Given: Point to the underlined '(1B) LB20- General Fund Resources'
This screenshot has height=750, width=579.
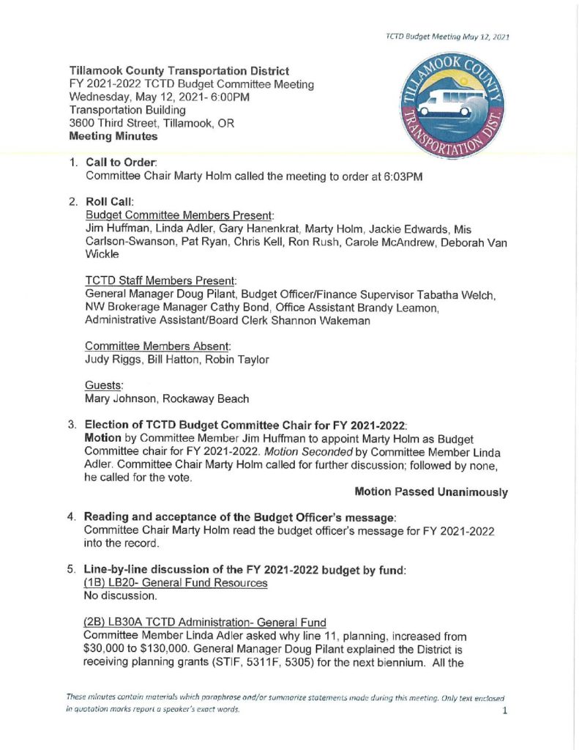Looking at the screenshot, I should (x=176, y=582).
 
